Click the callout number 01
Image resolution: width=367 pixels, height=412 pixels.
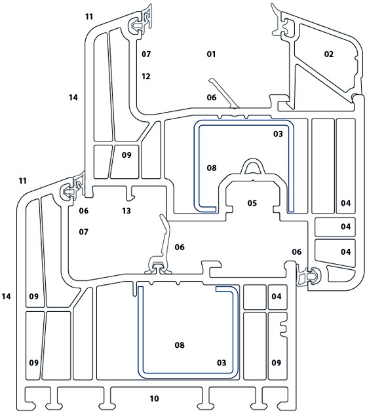(211, 54)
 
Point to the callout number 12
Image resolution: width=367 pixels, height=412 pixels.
(146, 77)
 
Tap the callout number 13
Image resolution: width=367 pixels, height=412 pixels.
(126, 211)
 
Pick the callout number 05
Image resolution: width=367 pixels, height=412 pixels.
(252, 203)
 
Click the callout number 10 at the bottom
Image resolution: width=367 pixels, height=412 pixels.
(155, 398)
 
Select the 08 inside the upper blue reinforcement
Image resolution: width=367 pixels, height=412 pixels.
(211, 168)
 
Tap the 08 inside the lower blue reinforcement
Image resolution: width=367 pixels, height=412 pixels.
(180, 345)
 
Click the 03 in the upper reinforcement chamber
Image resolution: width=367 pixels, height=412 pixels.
(277, 134)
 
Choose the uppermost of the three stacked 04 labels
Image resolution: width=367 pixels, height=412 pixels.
(345, 203)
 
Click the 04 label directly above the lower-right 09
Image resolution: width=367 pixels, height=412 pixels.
(277, 297)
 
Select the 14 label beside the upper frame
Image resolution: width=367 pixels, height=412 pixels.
(73, 97)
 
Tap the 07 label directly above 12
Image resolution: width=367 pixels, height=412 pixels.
(146, 54)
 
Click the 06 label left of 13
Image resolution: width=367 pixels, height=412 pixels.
(83, 211)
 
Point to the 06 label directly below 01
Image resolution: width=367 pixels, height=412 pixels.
(211, 97)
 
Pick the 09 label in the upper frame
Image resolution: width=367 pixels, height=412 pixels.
(126, 155)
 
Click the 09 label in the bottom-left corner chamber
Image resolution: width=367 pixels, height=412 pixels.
(33, 362)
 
